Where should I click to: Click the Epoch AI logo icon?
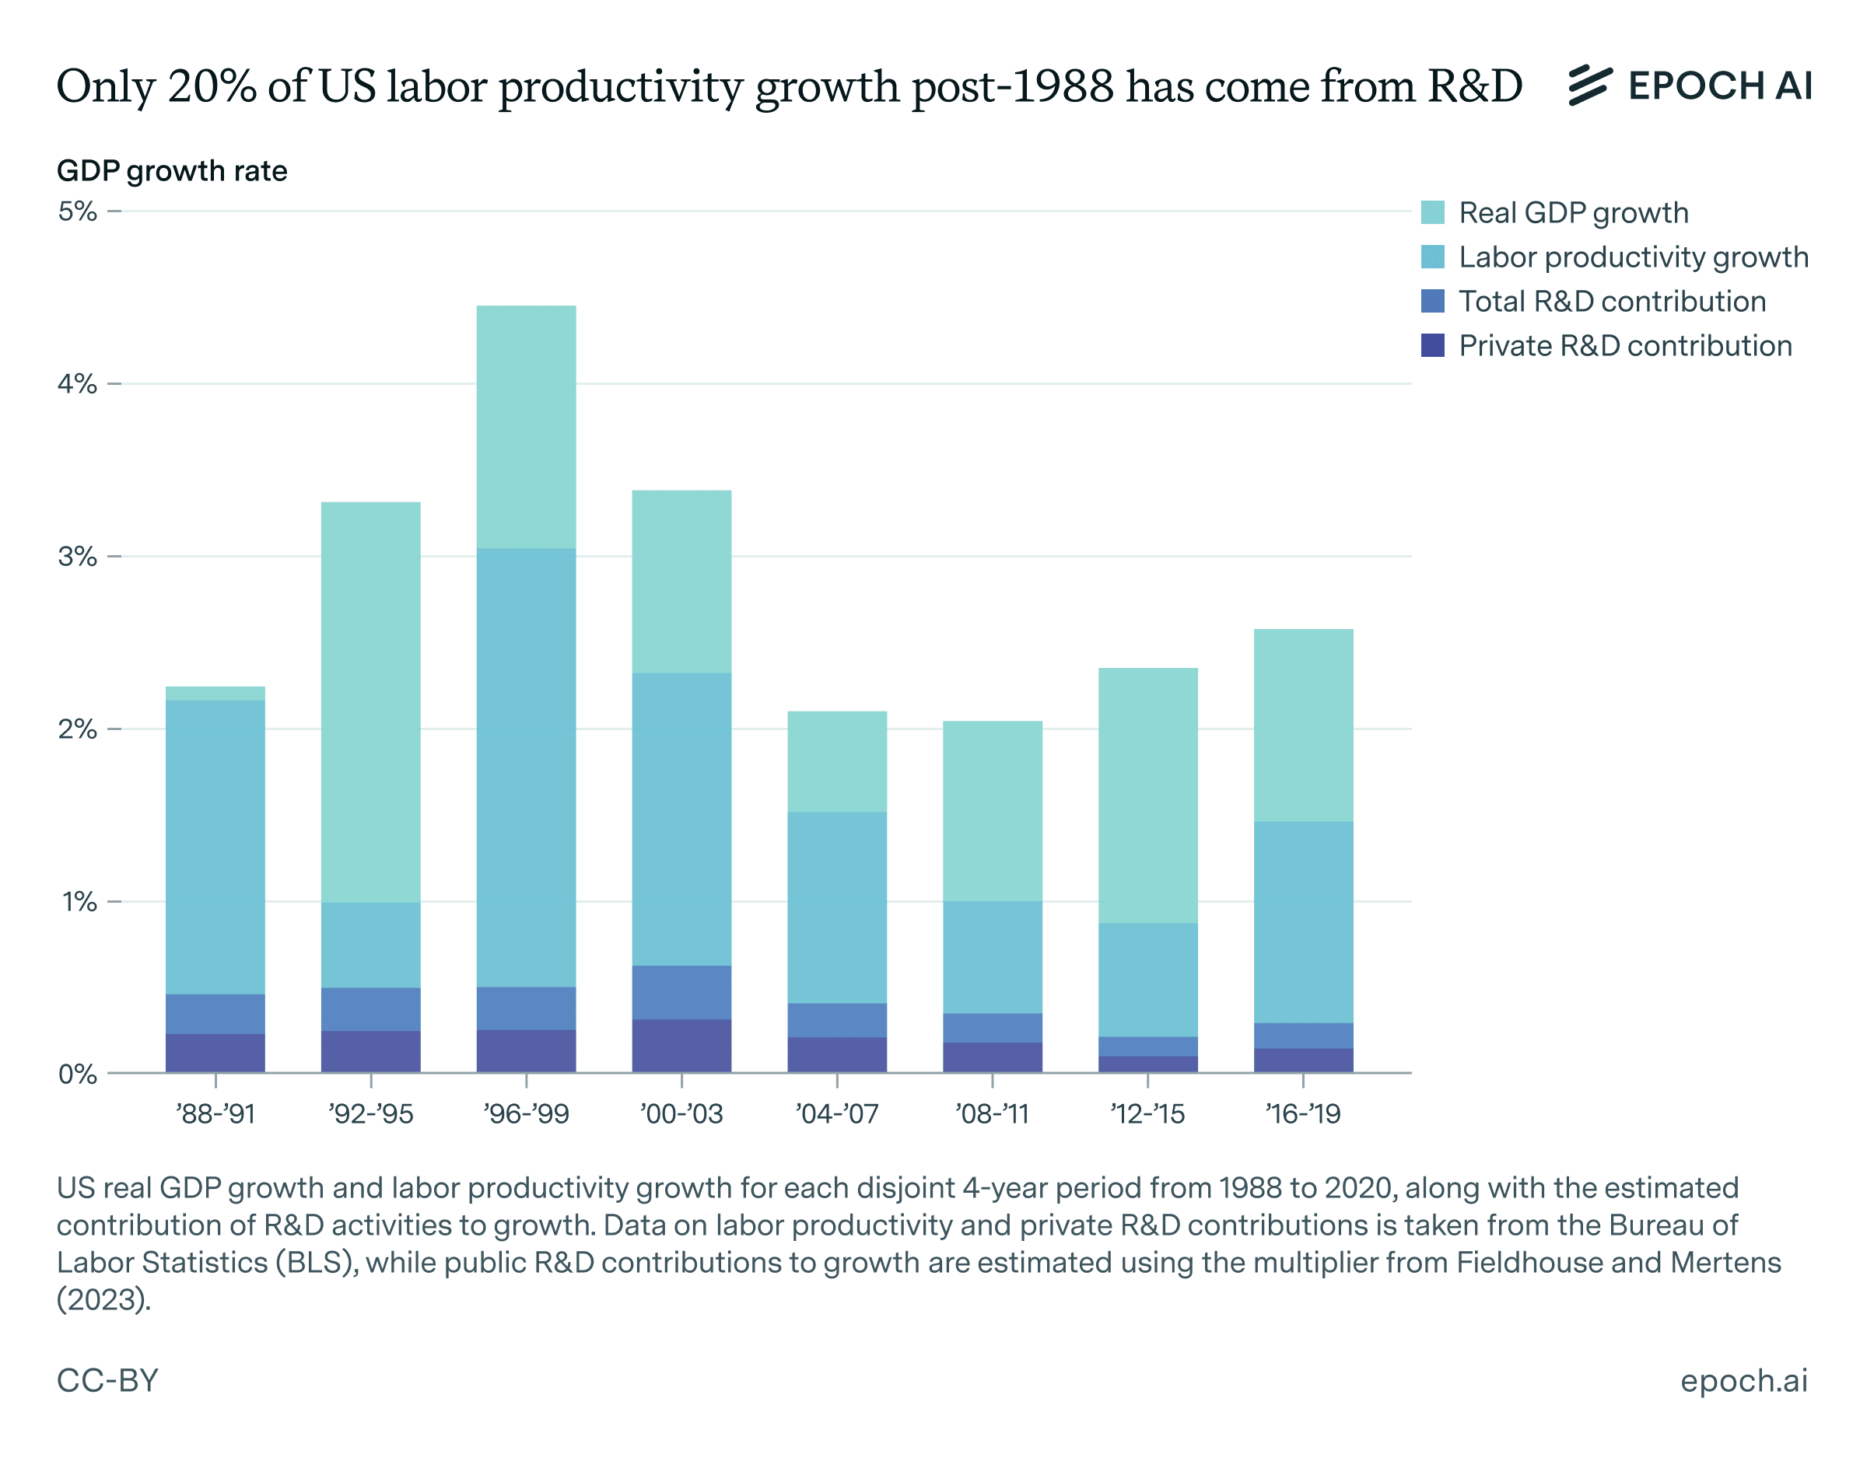[x=1590, y=86]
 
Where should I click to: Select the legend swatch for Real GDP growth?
[x=1432, y=212]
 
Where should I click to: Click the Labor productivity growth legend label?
[x=1633, y=257]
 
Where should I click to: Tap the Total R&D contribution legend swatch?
[x=1432, y=301]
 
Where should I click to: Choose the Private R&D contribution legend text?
[x=1625, y=345]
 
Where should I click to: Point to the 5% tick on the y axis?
[x=77, y=211]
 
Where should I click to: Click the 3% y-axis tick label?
[x=77, y=557]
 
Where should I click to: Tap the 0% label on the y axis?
[x=77, y=1075]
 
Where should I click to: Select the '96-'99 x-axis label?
[x=526, y=1113]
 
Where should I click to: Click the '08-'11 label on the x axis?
[x=993, y=1113]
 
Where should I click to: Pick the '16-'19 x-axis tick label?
[x=1303, y=1113]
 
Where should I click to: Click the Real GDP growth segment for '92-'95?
[x=370, y=701]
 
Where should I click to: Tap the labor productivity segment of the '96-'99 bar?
[x=526, y=767]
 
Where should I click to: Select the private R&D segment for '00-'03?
[x=682, y=1045]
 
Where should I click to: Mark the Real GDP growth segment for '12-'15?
[x=1147, y=795]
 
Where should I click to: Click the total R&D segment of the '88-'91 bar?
[x=215, y=1014]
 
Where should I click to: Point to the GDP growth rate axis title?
[x=172, y=171]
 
